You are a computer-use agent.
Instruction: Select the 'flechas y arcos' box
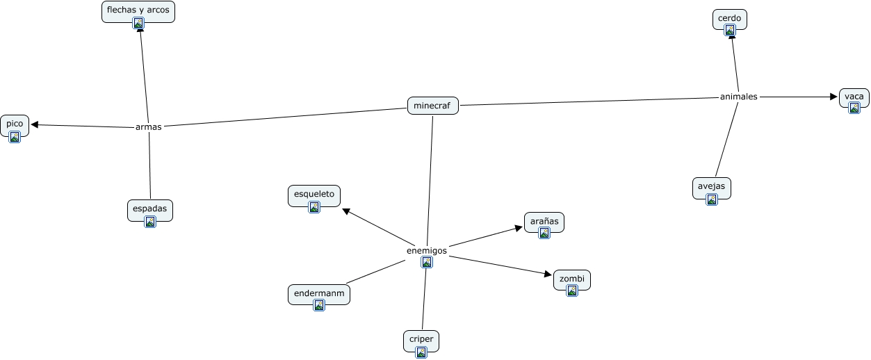pyautogui.click(x=138, y=10)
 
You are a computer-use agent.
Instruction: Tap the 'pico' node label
pyautogui.click(x=15, y=124)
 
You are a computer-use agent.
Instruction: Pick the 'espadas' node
pyautogui.click(x=149, y=208)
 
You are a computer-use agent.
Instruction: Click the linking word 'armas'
pyautogui.click(x=149, y=127)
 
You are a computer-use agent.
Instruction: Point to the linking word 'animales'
pyautogui.click(x=738, y=97)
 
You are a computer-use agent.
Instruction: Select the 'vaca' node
pyautogui.click(x=854, y=97)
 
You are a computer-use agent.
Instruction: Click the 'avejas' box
pyautogui.click(x=712, y=186)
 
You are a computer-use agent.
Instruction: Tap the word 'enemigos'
pyautogui.click(x=427, y=250)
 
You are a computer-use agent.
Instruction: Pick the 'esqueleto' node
pyautogui.click(x=314, y=194)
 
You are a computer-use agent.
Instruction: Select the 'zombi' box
pyautogui.click(x=571, y=278)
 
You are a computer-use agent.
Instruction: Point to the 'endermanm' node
pyautogui.click(x=319, y=293)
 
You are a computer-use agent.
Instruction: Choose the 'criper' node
pyautogui.click(x=421, y=339)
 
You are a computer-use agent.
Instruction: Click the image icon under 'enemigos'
pyautogui.click(x=427, y=262)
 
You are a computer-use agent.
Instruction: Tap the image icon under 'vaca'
pyautogui.click(x=854, y=107)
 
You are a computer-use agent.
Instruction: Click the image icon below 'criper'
pyautogui.click(x=421, y=352)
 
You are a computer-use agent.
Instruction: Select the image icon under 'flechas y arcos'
pyautogui.click(x=138, y=23)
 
